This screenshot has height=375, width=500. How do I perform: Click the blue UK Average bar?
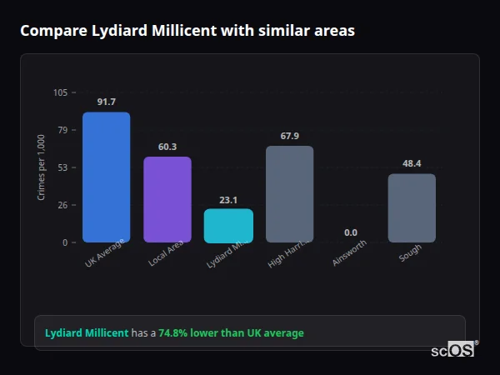pyautogui.click(x=106, y=177)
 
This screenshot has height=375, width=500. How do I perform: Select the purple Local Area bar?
pyautogui.click(x=167, y=200)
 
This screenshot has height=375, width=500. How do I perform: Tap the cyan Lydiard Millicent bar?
pyautogui.click(x=228, y=226)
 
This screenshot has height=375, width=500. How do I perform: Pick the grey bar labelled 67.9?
pyautogui.click(x=289, y=194)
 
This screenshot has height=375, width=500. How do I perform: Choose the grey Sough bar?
pyautogui.click(x=412, y=208)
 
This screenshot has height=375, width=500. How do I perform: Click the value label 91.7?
pyautogui.click(x=106, y=102)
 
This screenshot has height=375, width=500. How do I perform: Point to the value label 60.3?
pyautogui.click(x=167, y=147)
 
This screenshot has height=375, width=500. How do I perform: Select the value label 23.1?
pyautogui.click(x=228, y=200)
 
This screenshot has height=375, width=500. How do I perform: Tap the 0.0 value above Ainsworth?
pyautogui.click(x=350, y=232)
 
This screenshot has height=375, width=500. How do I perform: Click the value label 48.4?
pyautogui.click(x=412, y=163)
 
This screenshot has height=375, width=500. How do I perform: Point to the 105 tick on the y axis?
pyautogui.click(x=60, y=92)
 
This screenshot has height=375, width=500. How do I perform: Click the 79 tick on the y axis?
pyautogui.click(x=62, y=130)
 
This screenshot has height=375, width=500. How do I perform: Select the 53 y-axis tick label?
pyautogui.click(x=62, y=167)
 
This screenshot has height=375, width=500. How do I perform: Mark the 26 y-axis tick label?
pyautogui.click(x=62, y=205)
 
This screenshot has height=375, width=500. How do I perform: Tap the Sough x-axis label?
pyautogui.click(x=409, y=252)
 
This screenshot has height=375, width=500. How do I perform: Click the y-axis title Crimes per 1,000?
pyautogui.click(x=42, y=167)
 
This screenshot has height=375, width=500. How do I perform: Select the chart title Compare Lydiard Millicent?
pyautogui.click(x=187, y=31)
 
